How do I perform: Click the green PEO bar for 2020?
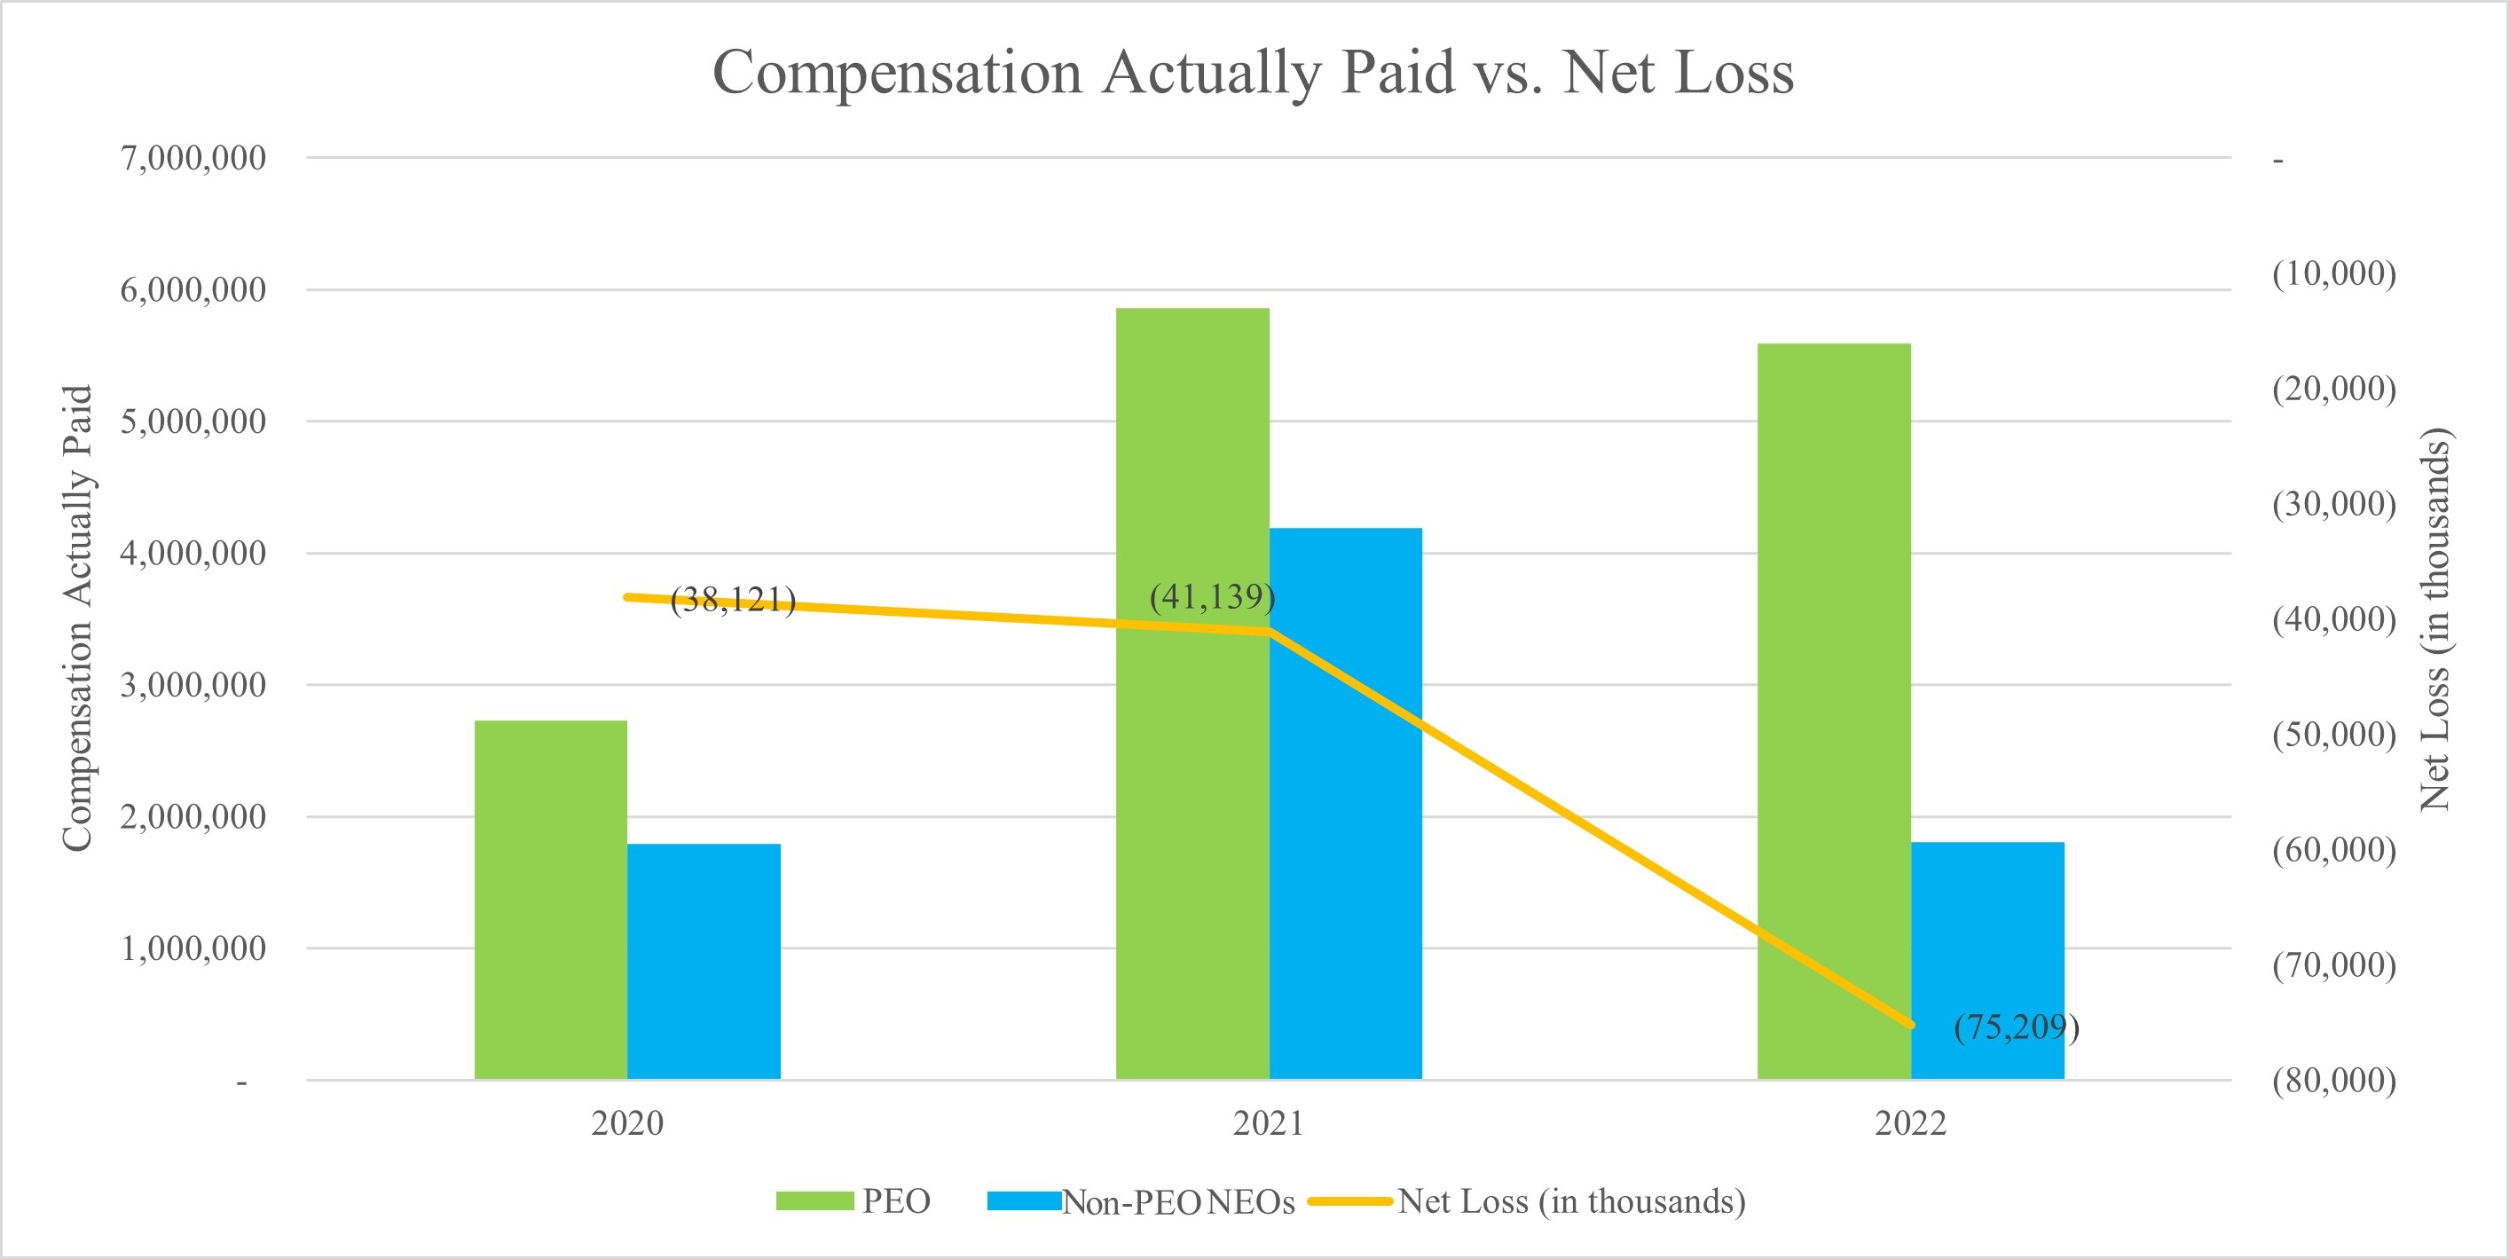550,900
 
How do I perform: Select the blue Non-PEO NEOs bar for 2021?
1345,803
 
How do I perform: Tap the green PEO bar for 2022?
1833,711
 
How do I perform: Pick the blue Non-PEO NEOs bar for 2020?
704,961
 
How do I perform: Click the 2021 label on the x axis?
1268,1122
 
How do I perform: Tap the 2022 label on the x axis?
1910,1122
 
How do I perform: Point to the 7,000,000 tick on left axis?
193,158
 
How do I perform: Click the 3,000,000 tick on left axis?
193,686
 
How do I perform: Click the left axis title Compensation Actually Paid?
77,618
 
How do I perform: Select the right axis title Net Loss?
2436,618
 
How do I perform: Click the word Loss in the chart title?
1726,73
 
